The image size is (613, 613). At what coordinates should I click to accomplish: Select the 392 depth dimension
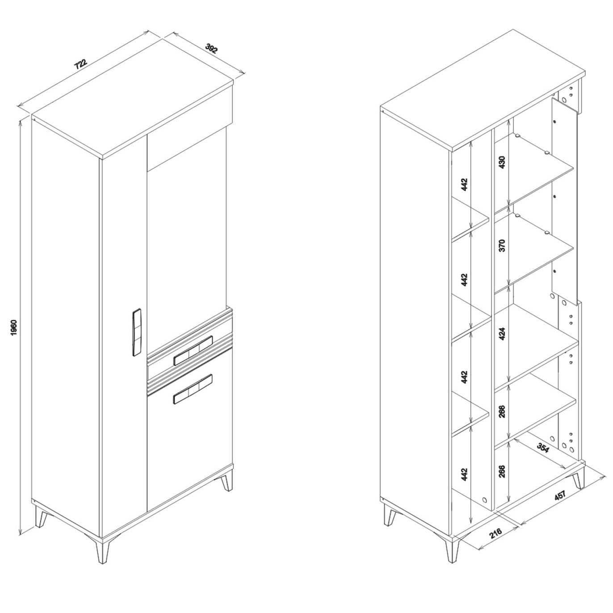click(211, 48)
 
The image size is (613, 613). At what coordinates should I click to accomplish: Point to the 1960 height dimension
click(15, 327)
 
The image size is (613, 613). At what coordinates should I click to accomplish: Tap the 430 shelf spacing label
click(502, 162)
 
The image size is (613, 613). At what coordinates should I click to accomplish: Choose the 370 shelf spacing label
click(502, 246)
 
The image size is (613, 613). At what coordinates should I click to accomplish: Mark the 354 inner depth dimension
click(543, 448)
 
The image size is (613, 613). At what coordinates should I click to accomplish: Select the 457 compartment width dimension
click(560, 495)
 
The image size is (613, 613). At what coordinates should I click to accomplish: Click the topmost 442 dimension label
click(465, 185)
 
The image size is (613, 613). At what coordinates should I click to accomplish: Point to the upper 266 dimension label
click(502, 411)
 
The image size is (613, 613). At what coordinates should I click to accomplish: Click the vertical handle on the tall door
click(136, 332)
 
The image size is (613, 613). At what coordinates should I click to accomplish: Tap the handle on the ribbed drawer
click(193, 350)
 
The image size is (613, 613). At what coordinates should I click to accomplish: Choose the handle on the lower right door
click(193, 389)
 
